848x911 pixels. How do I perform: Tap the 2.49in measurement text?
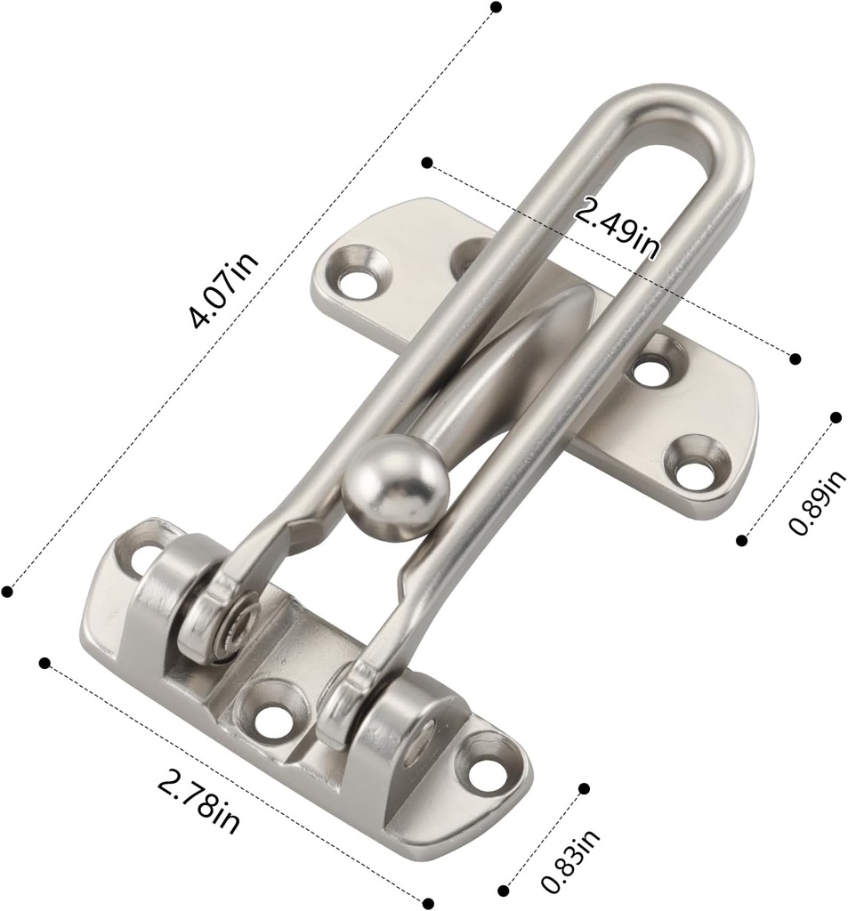(618, 229)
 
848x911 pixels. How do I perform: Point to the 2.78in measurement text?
(198, 802)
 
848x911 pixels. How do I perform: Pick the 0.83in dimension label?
(570, 860)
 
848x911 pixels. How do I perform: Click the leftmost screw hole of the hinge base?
(143, 560)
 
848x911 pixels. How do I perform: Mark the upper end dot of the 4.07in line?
(496, 7)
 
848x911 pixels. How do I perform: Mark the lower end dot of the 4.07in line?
(8, 592)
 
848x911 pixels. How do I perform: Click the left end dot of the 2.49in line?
(427, 163)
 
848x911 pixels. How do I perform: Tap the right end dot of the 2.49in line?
(796, 359)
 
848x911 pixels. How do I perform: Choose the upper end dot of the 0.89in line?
(836, 417)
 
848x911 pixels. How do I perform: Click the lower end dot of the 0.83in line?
(504, 890)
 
